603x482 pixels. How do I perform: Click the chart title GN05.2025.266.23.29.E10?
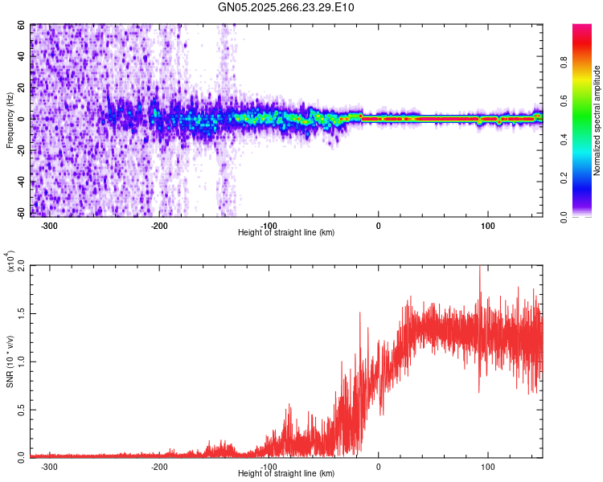tap(286, 8)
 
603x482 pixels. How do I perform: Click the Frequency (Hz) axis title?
tap(10, 120)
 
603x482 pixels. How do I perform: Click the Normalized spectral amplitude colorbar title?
tap(597, 120)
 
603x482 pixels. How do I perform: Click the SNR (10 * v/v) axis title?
tap(10, 361)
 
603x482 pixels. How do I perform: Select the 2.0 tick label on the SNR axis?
tap(21, 266)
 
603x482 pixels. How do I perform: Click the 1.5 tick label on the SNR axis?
tap(21, 313)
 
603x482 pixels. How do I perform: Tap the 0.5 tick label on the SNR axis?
tap(21, 409)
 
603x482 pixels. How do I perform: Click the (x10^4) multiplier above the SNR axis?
tap(10, 262)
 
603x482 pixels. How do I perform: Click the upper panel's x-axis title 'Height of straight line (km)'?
tap(286, 232)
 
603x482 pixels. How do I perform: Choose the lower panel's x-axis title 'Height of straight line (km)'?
tap(286, 473)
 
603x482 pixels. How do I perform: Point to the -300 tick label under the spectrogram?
tap(49, 226)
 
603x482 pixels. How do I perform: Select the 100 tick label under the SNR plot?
tap(487, 466)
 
